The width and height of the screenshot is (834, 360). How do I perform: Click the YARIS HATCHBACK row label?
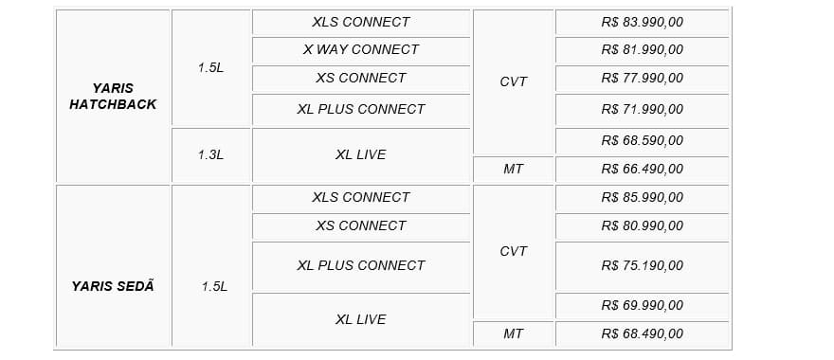113,97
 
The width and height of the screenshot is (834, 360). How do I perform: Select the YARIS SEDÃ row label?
113,286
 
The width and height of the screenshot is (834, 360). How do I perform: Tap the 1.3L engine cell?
210,154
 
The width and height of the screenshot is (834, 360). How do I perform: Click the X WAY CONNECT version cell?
361,49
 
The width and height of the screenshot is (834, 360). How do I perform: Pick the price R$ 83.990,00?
642,23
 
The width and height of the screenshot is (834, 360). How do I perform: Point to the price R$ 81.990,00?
642,49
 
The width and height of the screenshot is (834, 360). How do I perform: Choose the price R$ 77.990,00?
642,79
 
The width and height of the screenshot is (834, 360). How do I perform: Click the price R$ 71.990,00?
642,109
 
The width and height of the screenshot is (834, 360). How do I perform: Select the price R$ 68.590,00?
642,141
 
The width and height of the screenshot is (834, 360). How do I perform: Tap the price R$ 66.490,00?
642,169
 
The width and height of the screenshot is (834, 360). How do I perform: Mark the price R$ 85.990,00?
642,197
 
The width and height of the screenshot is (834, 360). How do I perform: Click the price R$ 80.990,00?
642,225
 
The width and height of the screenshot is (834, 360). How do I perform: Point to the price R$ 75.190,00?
642,265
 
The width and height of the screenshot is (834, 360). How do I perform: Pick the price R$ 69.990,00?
642,305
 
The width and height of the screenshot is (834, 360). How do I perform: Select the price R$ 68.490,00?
642,333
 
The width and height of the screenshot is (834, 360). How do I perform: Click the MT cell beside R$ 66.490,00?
514,169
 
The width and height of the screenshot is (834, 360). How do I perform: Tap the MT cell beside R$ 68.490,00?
514,333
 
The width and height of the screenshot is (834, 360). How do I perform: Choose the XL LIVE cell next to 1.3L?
361,154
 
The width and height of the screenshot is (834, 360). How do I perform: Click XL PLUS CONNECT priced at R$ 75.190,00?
361,265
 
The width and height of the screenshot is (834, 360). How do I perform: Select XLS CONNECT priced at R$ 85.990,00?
361,197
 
